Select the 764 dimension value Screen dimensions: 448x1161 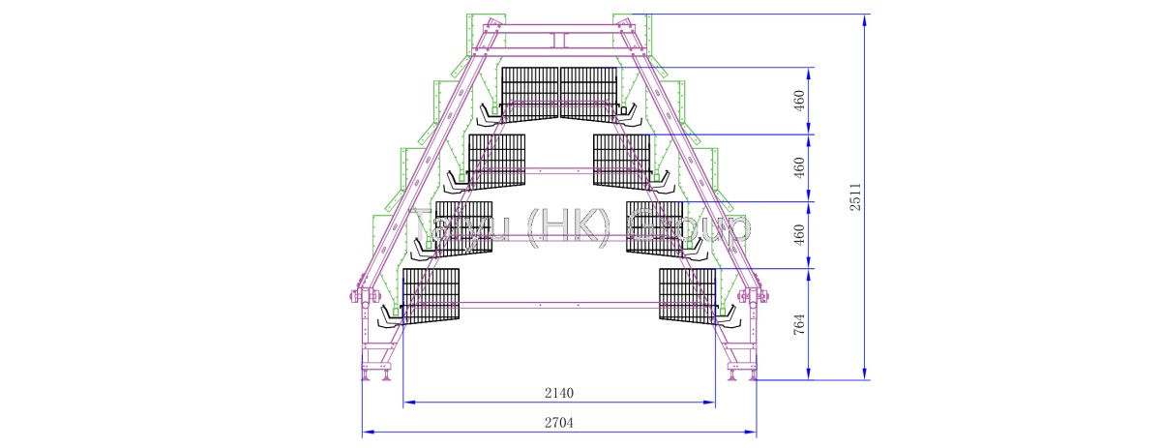(x=799, y=324)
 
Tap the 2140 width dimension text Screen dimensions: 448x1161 (x=559, y=393)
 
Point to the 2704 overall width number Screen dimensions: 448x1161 (x=559, y=423)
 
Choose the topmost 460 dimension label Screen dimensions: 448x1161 (x=799, y=101)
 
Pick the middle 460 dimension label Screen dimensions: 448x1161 (x=799, y=168)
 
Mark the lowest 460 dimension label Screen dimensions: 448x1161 (x=799, y=235)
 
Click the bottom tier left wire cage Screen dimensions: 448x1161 (x=430, y=295)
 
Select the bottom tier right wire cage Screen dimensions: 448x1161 (x=688, y=295)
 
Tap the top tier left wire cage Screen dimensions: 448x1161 (x=530, y=91)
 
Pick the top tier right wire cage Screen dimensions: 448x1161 (x=589, y=91)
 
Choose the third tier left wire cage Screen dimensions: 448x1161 (x=463, y=227)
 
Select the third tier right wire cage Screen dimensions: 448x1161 (x=655, y=227)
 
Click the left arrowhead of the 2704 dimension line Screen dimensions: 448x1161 (x=366, y=432)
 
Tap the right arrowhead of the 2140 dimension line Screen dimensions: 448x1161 (x=711, y=402)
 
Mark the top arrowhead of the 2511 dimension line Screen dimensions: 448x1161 (x=864, y=18)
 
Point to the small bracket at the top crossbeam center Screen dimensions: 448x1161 (x=559, y=40)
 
